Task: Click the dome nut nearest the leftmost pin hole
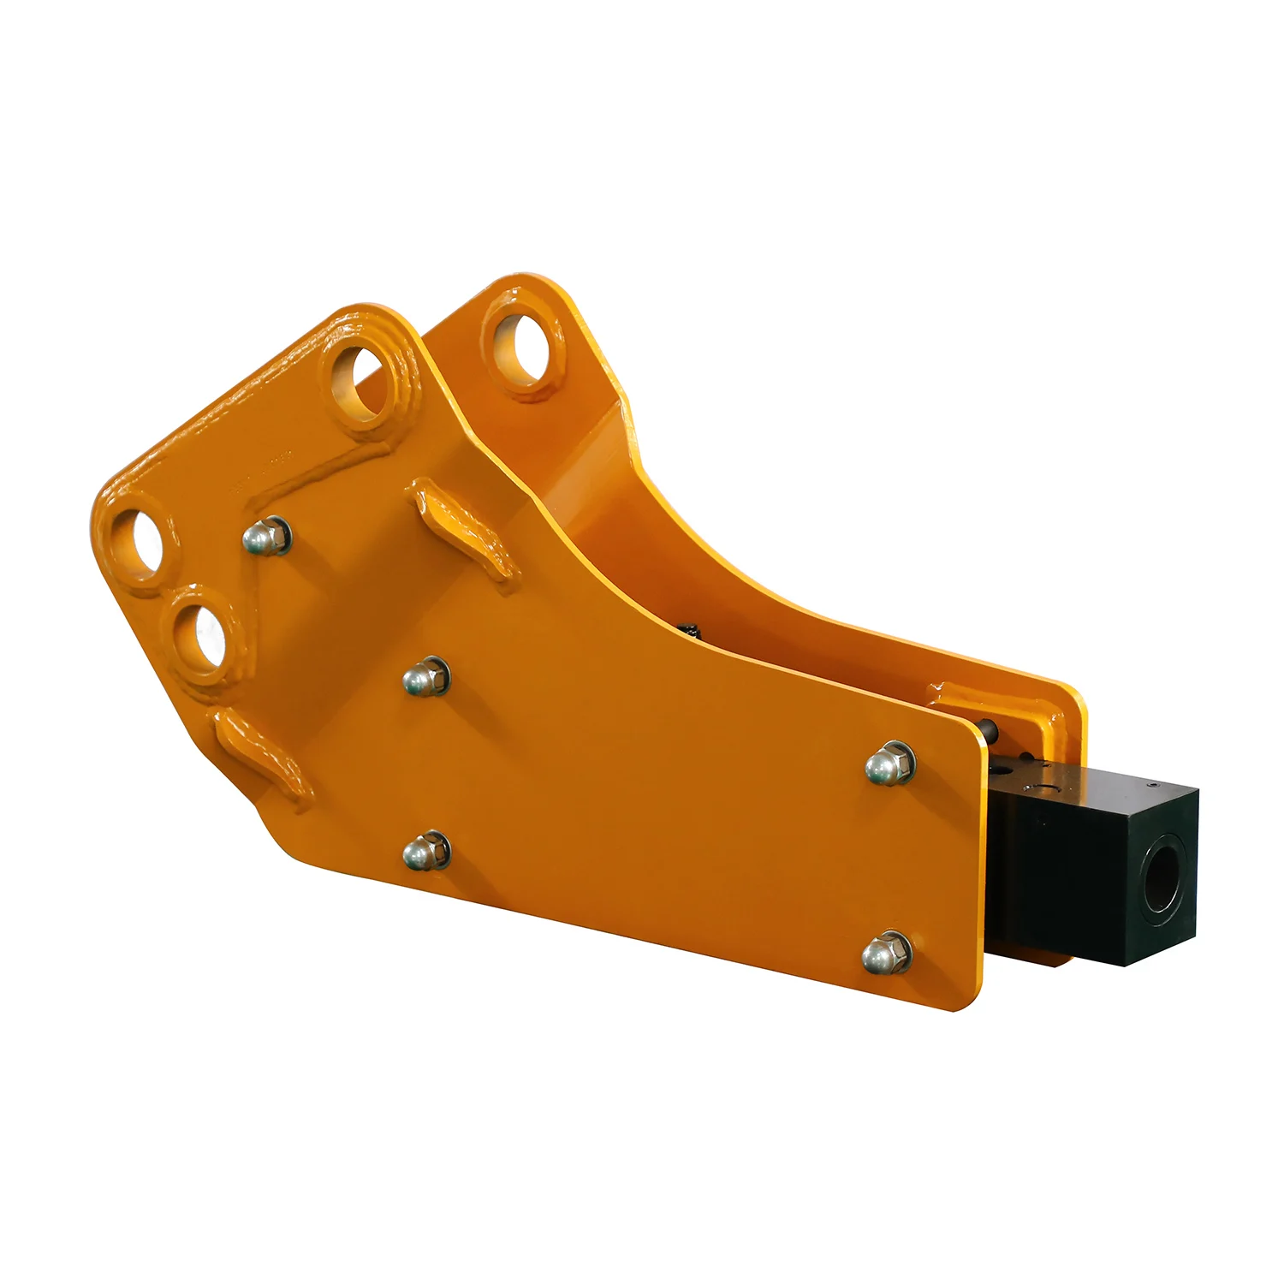click(266, 537)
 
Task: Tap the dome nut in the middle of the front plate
click(425, 677)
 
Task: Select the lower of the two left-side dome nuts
click(425, 852)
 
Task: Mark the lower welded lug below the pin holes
click(257, 753)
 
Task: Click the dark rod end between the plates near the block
click(989, 730)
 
